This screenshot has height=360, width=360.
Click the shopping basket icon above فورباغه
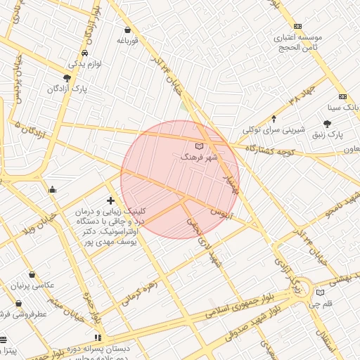[127, 30]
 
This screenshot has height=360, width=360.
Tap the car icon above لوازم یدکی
[84, 53]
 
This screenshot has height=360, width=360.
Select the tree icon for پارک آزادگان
[67, 78]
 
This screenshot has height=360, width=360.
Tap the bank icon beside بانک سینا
[342, 96]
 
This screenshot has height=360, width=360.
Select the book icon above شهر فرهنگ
[198, 146]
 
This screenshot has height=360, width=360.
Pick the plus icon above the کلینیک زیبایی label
[110, 201]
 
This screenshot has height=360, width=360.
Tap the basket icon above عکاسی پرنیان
[32, 275]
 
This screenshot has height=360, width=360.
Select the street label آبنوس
[220, 211]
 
